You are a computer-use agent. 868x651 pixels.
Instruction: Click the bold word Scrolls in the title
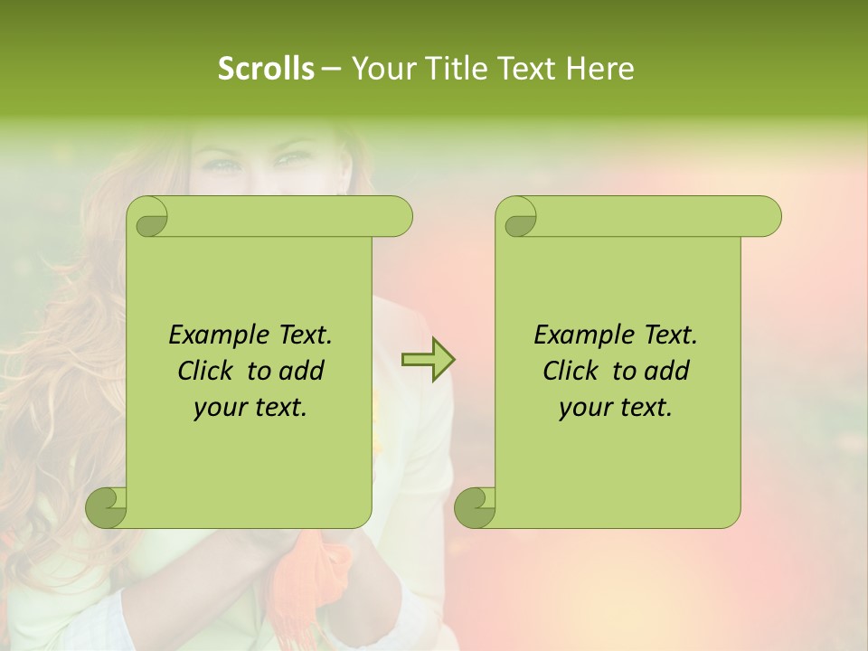point(267,69)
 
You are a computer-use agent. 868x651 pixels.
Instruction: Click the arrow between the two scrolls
point(428,359)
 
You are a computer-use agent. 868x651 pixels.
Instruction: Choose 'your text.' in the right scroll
point(616,408)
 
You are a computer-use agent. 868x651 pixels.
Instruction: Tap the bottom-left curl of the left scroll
point(108,506)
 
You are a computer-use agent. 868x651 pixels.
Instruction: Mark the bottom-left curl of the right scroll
point(476,506)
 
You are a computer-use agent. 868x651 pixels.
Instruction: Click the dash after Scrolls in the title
point(332,69)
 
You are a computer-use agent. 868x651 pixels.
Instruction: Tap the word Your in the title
point(379,69)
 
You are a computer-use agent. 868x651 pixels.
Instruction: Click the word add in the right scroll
point(668,371)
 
